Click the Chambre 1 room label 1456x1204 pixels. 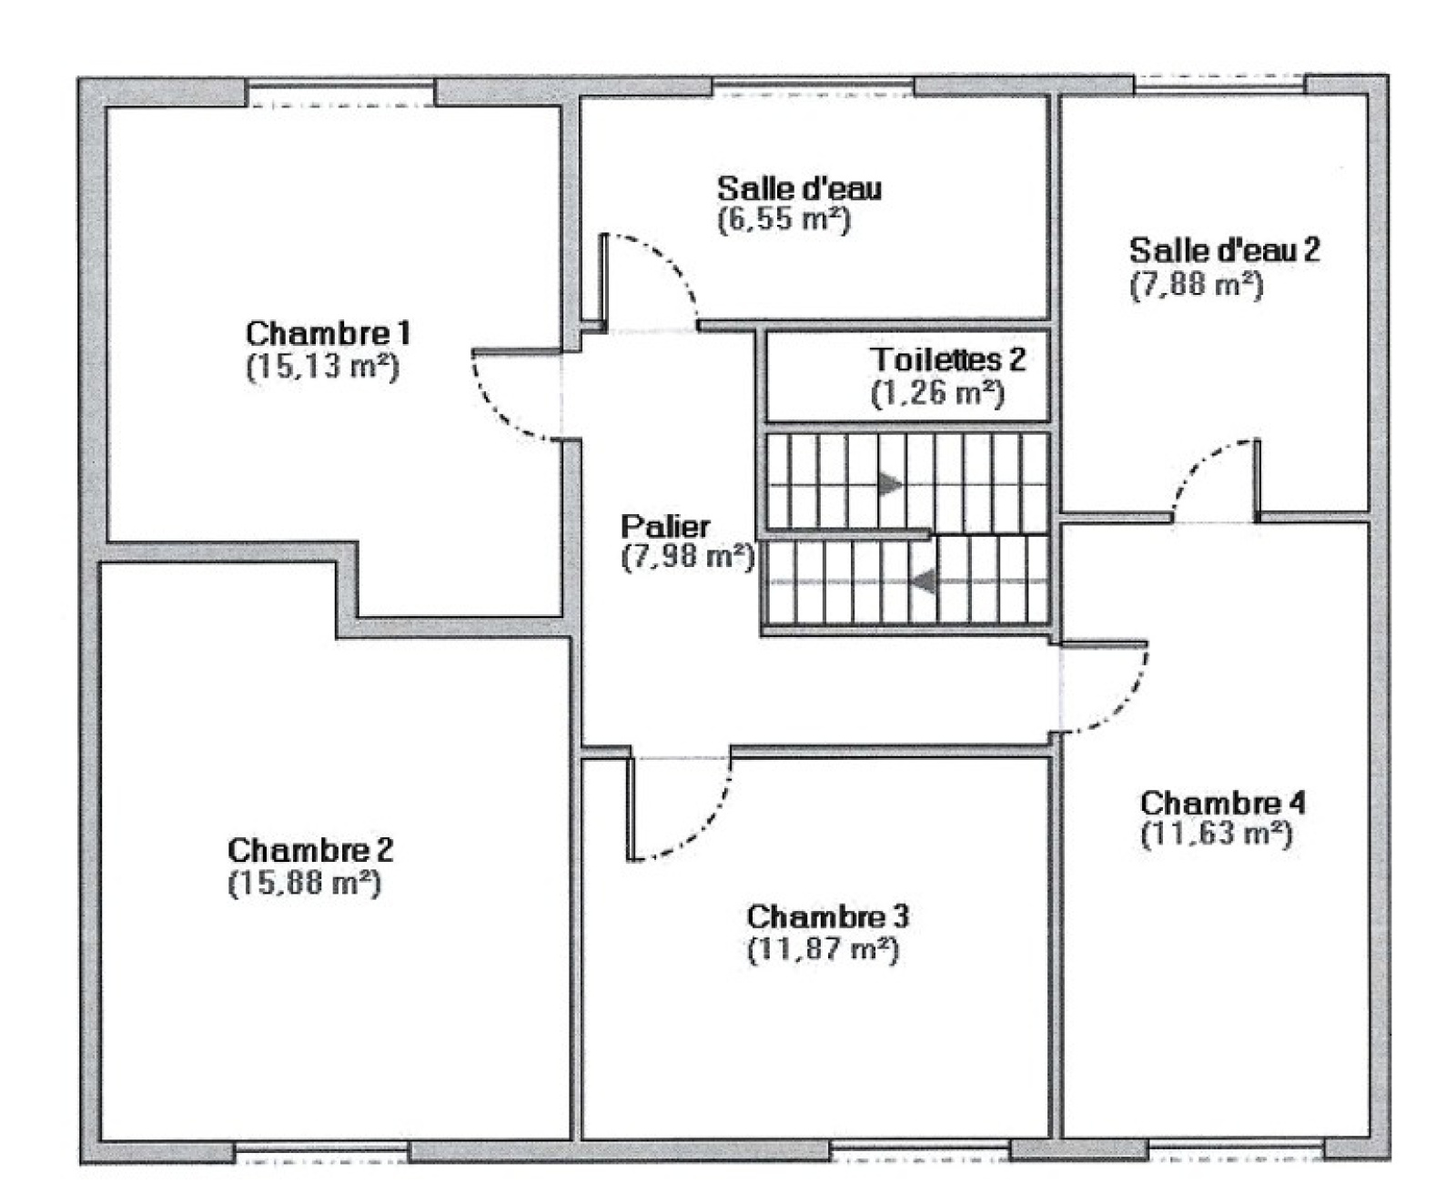click(x=328, y=332)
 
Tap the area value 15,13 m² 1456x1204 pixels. click(x=322, y=366)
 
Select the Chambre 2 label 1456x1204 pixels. click(x=310, y=850)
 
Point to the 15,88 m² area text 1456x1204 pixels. click(x=304, y=883)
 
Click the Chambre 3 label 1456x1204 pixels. click(x=827, y=916)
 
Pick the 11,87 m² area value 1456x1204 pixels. click(x=823, y=949)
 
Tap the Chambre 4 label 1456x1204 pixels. click(x=1222, y=803)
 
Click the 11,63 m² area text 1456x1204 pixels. click(x=1216, y=834)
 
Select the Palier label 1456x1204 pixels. click(x=665, y=526)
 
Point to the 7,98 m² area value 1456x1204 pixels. click(x=688, y=556)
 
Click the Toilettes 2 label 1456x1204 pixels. click(x=948, y=359)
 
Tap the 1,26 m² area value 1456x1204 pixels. click(x=937, y=393)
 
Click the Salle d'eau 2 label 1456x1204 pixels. click(x=1224, y=250)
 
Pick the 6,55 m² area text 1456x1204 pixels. click(x=784, y=219)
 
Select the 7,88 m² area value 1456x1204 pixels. click(x=1196, y=285)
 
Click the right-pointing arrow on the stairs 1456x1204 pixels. click(x=890, y=483)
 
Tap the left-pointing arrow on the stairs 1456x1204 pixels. click(x=924, y=581)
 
